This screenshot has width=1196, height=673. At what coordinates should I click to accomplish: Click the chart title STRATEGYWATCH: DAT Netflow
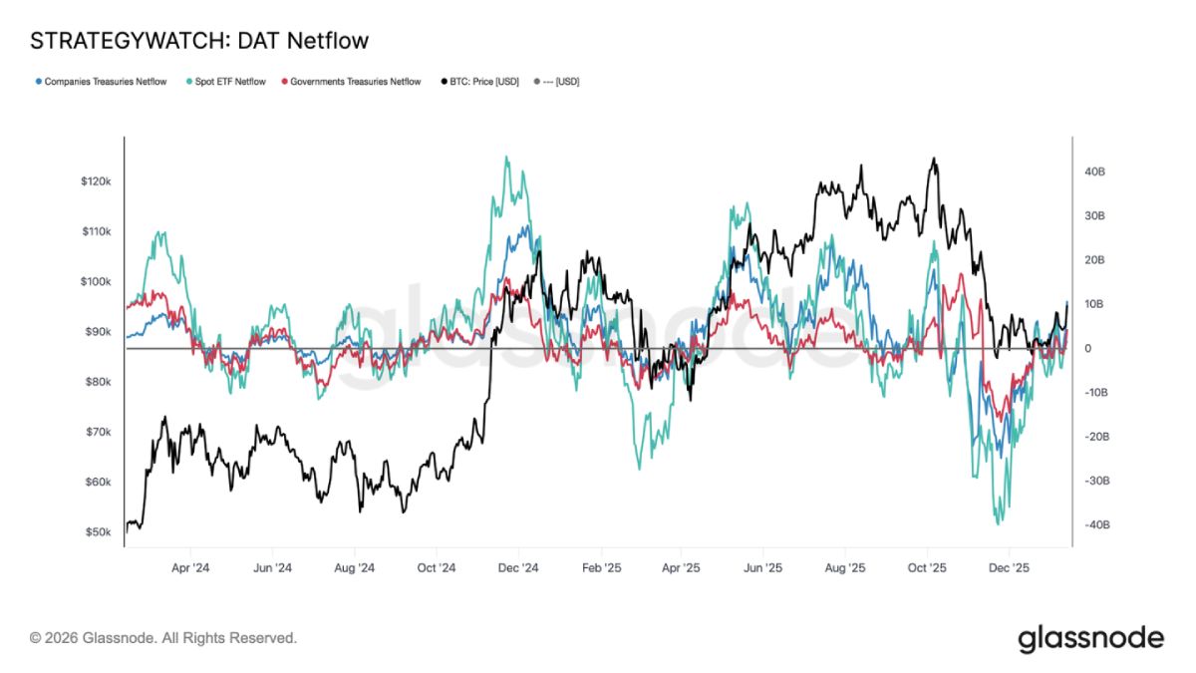point(199,41)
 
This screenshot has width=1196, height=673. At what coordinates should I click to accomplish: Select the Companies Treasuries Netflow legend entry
point(101,82)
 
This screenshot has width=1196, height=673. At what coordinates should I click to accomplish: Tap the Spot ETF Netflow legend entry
point(226,82)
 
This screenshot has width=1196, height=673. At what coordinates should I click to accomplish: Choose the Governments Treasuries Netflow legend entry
point(351,82)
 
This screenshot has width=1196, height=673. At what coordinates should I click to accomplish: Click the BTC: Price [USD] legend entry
point(480,82)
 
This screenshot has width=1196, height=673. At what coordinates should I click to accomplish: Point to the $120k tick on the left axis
point(96,181)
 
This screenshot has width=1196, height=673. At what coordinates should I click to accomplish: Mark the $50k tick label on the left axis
point(99,532)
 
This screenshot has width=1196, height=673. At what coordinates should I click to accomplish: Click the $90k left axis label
point(99,332)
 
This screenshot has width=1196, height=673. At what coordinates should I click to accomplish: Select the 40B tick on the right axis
point(1094,171)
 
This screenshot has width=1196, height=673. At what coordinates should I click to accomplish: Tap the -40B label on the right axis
point(1097,525)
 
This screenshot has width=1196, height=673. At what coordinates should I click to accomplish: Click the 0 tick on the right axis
point(1087,349)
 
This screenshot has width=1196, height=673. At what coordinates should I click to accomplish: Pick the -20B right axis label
point(1097,437)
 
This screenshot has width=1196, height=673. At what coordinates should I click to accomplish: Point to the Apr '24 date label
point(190,568)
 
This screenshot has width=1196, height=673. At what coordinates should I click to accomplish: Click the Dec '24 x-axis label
point(518,568)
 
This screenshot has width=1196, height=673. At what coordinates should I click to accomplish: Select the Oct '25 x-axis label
point(927,568)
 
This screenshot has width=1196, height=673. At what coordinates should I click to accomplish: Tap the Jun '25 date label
point(763,568)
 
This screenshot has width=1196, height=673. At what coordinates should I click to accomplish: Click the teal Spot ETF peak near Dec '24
point(506,157)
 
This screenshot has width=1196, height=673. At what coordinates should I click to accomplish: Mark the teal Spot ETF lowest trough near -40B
point(999,524)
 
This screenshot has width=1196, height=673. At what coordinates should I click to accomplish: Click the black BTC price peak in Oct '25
point(933,159)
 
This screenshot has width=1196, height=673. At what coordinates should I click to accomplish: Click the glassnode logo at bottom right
point(1090,639)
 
